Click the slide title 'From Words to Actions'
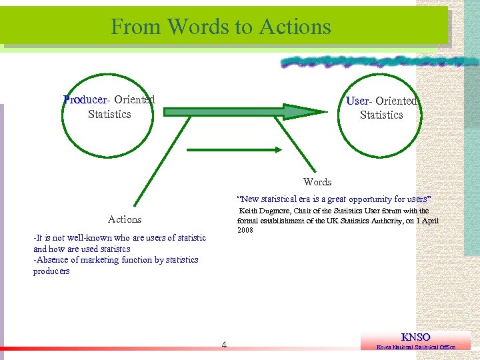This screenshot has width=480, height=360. pyautogui.click(x=221, y=27)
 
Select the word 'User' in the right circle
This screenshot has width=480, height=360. pyautogui.click(x=357, y=101)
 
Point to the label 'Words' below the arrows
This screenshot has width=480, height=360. pyautogui.click(x=317, y=182)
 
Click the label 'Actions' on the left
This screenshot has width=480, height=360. pyautogui.click(x=125, y=219)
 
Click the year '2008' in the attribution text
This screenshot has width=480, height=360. pyautogui.click(x=245, y=230)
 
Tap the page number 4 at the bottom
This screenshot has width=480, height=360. pyautogui.click(x=224, y=345)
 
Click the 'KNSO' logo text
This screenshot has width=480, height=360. pyautogui.click(x=415, y=337)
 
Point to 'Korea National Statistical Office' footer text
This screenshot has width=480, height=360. pyautogui.click(x=416, y=347)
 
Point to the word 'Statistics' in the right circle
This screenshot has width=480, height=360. pyautogui.click(x=381, y=115)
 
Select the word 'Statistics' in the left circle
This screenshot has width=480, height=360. pyautogui.click(x=109, y=114)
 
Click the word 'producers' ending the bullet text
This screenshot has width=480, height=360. pyautogui.click(x=51, y=271)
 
